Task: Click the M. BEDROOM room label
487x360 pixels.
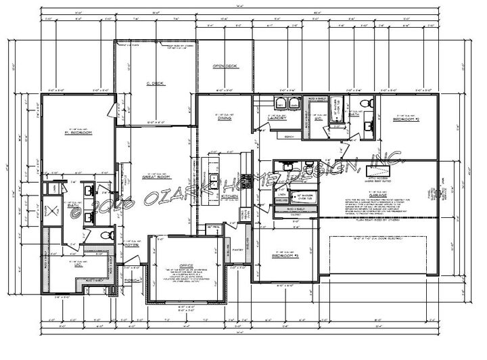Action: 78,133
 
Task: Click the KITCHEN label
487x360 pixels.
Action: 230,196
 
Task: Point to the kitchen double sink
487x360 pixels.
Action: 212,183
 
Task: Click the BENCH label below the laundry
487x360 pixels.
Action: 289,136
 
